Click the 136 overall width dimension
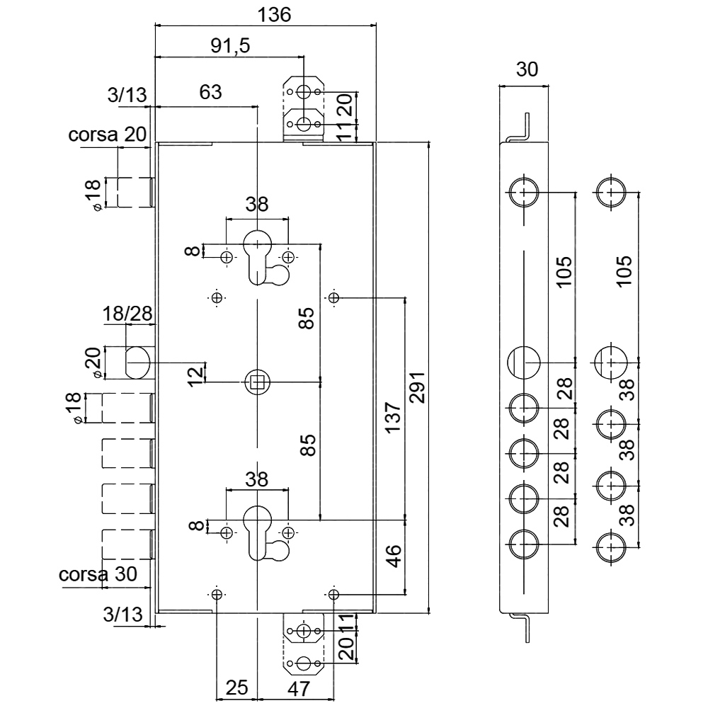click(x=274, y=15)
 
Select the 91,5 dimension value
click(x=230, y=45)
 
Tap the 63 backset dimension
click(x=210, y=92)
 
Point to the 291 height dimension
click(x=416, y=387)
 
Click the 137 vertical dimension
click(x=393, y=417)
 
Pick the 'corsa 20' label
click(x=108, y=134)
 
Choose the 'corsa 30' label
click(x=98, y=574)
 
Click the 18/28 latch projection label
click(x=127, y=314)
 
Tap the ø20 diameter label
click(x=93, y=362)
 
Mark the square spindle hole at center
click(x=257, y=382)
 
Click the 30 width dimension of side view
click(x=527, y=69)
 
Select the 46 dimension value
click(x=394, y=556)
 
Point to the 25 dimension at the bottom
click(x=236, y=687)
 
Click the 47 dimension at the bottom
click(x=299, y=689)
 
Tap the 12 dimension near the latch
click(x=195, y=376)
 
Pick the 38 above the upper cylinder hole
click(x=257, y=204)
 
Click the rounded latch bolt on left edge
click(x=138, y=362)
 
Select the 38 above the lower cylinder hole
click(x=257, y=479)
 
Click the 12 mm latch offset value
click(x=195, y=376)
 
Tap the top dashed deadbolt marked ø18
click(x=135, y=193)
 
